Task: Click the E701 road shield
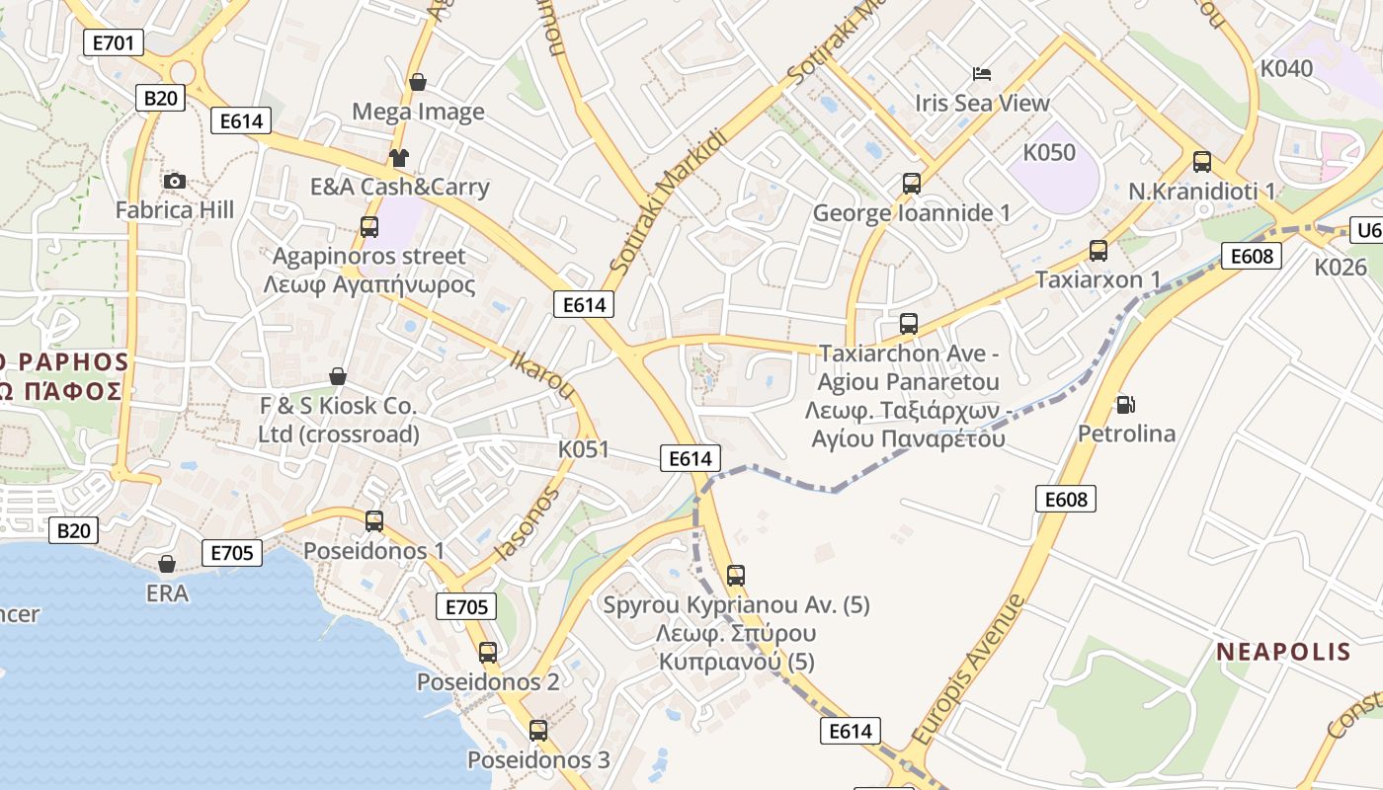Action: click(x=114, y=42)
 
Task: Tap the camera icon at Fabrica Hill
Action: click(x=175, y=181)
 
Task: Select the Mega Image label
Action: click(x=418, y=112)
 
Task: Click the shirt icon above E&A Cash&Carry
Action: click(x=399, y=157)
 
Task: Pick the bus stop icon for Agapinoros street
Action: click(x=369, y=227)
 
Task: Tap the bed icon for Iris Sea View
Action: click(x=982, y=74)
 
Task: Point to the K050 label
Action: click(x=1048, y=153)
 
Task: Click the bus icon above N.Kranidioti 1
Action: click(x=1202, y=162)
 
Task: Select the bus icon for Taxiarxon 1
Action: click(x=1098, y=251)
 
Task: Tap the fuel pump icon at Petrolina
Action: click(x=1125, y=404)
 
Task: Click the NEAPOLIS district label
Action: click(x=1282, y=652)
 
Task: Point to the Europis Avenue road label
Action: click(x=969, y=669)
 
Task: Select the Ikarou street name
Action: click(x=542, y=373)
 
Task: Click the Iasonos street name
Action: click(x=527, y=523)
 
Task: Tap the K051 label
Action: click(x=584, y=449)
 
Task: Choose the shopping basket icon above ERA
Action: click(x=167, y=564)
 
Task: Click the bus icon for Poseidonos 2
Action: click(x=488, y=653)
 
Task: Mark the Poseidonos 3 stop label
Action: click(x=538, y=760)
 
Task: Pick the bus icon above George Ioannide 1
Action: click(x=912, y=184)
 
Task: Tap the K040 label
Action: click(x=1286, y=68)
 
